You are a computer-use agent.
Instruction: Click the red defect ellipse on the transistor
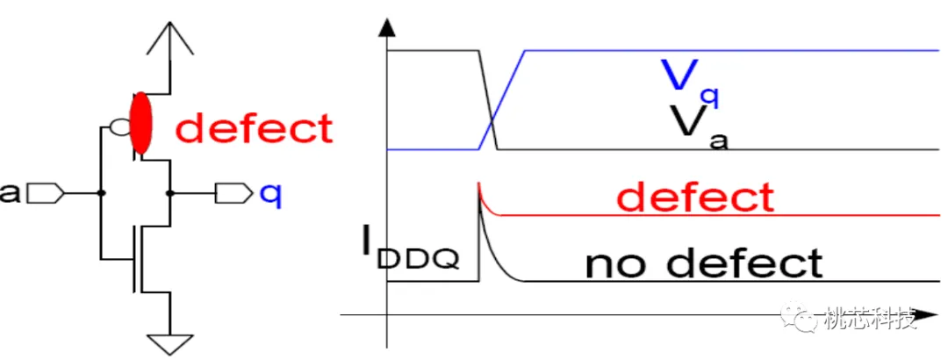point(140,123)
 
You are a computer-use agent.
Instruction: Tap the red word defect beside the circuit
point(255,128)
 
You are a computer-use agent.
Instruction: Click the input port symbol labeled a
point(46,194)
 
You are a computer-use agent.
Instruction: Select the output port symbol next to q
point(234,194)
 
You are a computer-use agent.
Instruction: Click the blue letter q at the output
point(271,196)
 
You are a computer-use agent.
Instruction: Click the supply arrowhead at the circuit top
point(171,38)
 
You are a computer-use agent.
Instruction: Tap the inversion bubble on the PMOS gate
point(118,127)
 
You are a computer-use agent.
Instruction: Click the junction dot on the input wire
point(101,194)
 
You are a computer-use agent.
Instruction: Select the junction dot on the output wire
point(170,194)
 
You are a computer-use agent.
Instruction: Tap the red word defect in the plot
point(696,198)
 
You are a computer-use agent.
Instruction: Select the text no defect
point(704,263)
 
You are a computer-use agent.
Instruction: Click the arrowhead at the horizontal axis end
point(926,315)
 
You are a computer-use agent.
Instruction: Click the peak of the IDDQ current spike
point(478,183)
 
